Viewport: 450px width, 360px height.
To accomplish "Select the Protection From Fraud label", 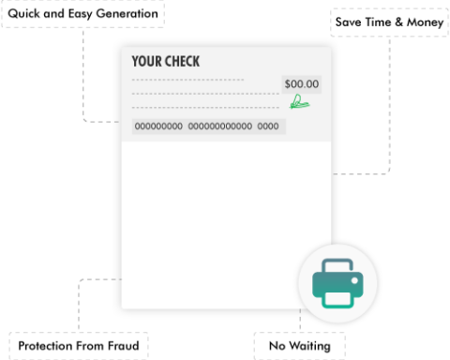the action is click(78, 346).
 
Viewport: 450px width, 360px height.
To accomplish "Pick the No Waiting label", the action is click(299, 346).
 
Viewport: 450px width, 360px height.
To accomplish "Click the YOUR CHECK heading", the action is click(165, 62).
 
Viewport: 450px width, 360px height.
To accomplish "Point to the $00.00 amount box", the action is click(301, 83).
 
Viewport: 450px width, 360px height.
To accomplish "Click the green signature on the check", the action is click(300, 101).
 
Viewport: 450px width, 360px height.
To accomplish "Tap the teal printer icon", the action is click(337, 282).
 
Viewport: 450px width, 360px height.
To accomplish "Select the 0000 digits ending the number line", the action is click(268, 127).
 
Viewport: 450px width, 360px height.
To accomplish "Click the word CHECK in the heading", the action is click(182, 62).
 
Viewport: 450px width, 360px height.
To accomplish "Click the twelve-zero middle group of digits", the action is click(220, 127).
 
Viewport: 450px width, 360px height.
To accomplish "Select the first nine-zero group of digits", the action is click(159, 127).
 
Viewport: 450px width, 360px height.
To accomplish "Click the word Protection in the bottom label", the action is click(48, 346).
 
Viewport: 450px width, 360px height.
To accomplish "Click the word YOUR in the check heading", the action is click(145, 62).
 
